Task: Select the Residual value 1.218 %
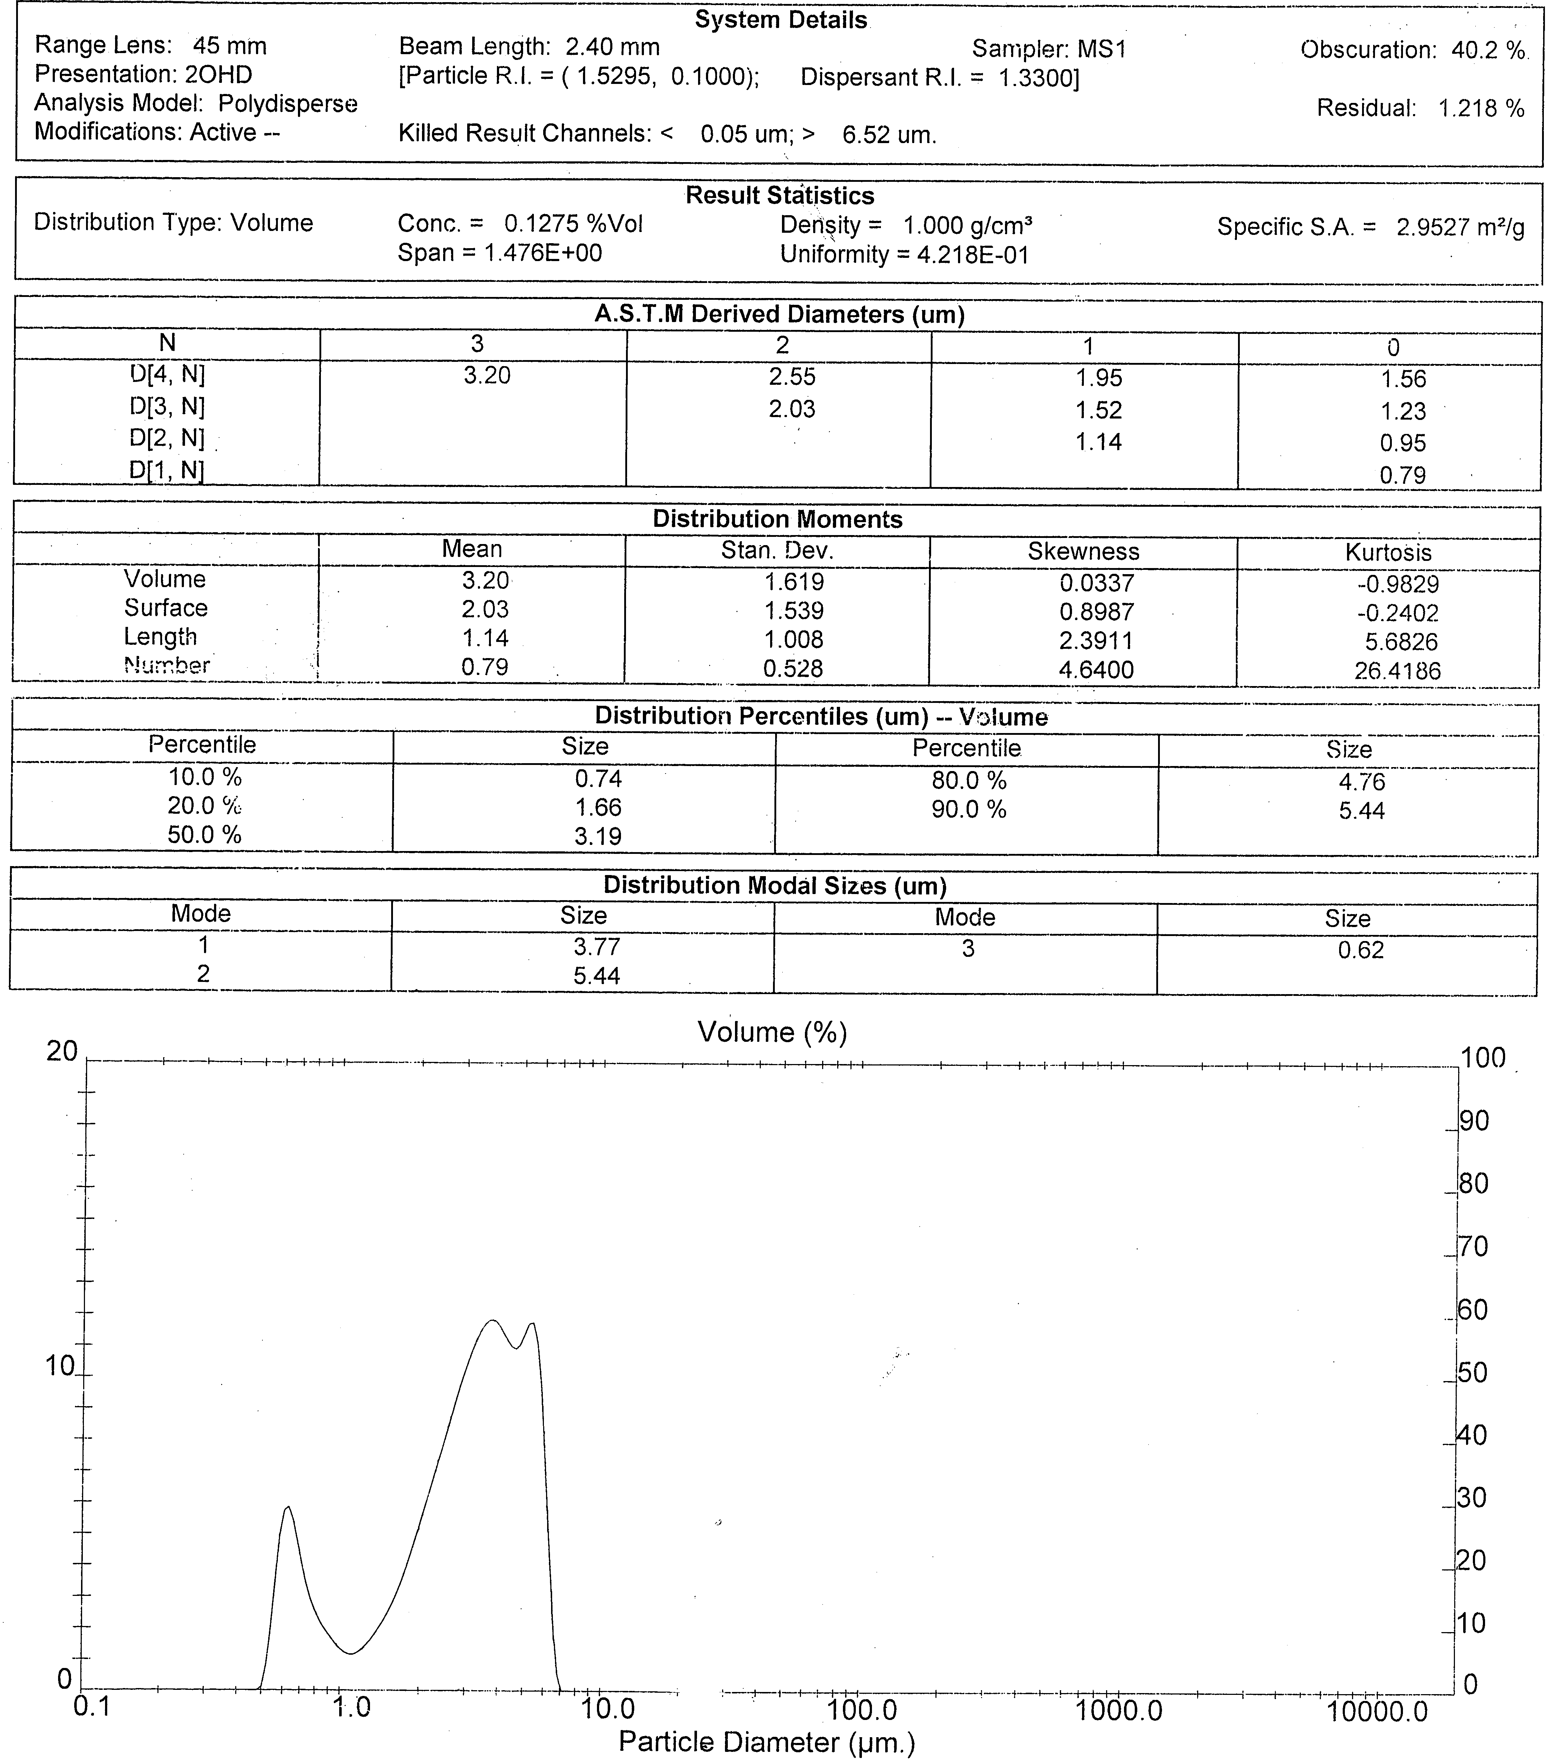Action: pos(1480,109)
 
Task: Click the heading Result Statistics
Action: pos(779,196)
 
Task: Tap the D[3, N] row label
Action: pos(167,406)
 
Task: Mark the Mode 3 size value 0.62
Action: pos(1361,950)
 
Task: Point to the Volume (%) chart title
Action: pos(772,1032)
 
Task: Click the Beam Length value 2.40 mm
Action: pos(612,47)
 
